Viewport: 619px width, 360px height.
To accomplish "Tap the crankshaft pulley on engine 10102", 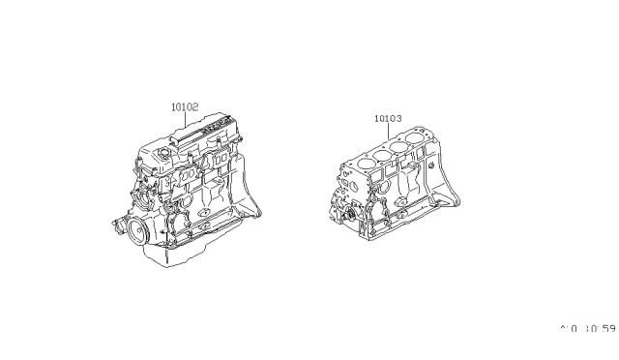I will click(x=125, y=230).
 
